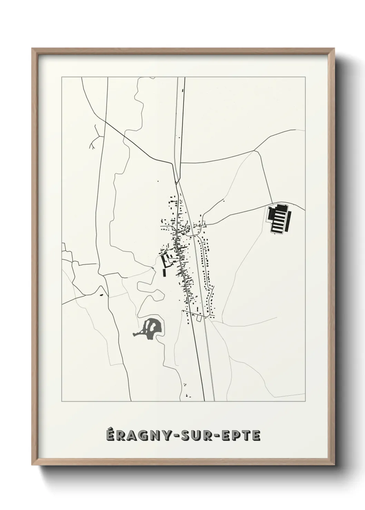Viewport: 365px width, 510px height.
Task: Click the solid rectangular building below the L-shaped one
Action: (x=165, y=273)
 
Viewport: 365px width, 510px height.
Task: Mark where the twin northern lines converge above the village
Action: (x=177, y=181)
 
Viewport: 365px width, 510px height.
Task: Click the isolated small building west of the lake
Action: (x=101, y=295)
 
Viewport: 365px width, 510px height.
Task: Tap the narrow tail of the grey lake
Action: (x=137, y=334)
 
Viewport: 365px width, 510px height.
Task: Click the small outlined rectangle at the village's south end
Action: (x=198, y=319)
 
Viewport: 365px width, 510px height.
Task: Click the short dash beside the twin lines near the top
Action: (x=183, y=92)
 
